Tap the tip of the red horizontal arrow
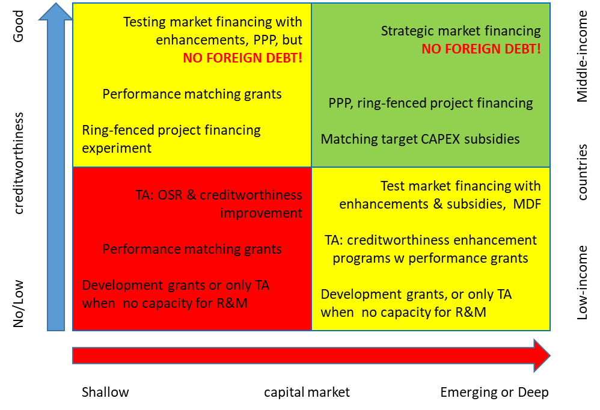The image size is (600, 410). (550, 355)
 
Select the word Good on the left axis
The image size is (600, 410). (18, 26)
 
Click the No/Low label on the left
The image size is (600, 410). (18, 304)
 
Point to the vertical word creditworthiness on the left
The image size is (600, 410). (18, 164)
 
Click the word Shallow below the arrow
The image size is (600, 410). (105, 392)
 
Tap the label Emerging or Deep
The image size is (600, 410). (494, 393)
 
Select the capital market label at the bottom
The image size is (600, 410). (307, 393)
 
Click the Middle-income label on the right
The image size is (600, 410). (582, 57)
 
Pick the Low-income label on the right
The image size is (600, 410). (582, 283)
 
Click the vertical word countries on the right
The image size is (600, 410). (582, 172)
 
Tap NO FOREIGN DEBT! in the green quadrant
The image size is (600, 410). (481, 49)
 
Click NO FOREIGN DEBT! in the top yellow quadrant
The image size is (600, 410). (243, 58)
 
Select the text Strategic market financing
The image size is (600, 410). (461, 31)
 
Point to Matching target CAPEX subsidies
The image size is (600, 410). (420, 139)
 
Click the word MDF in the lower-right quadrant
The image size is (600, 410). (527, 204)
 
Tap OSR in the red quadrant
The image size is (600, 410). (170, 195)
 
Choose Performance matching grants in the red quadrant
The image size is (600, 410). (192, 249)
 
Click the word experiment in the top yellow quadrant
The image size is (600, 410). (117, 148)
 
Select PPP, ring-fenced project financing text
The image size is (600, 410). (430, 103)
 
